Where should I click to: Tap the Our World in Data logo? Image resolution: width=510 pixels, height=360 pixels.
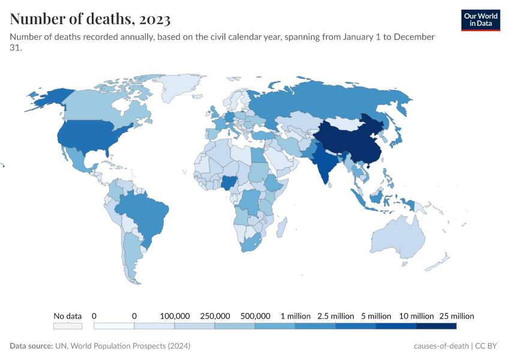click(480, 20)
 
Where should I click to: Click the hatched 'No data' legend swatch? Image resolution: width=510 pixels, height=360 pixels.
click(67, 326)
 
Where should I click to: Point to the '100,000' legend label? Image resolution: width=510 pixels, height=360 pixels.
click(175, 316)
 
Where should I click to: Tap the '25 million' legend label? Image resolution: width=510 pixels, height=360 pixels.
click(456, 316)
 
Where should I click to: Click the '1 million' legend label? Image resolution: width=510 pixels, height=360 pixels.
click(295, 316)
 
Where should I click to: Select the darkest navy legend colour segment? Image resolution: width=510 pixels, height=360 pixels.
click(436, 326)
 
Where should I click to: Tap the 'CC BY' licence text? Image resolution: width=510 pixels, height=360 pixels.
click(488, 346)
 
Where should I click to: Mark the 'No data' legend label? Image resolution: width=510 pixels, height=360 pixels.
click(67, 316)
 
